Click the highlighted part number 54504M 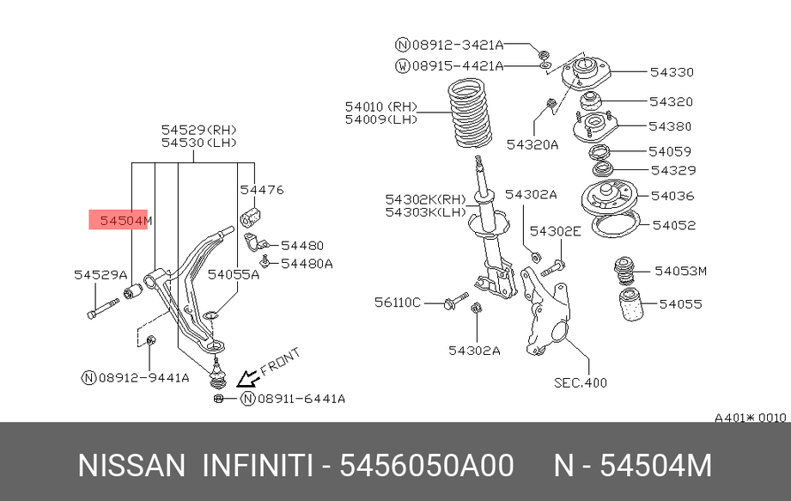[x=125, y=221]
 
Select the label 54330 [x=672, y=72]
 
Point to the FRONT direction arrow [x=248, y=377]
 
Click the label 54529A [x=100, y=275]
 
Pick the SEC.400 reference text [x=580, y=383]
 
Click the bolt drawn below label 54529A [x=103, y=309]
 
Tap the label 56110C [x=397, y=302]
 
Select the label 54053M [x=680, y=271]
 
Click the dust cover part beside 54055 [x=631, y=304]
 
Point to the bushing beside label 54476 [x=250, y=217]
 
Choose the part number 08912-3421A [x=458, y=45]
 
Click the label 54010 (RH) [x=380, y=107]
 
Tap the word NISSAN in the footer [x=131, y=465]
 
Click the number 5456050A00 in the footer [x=427, y=465]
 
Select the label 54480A [x=307, y=264]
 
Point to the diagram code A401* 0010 [x=750, y=418]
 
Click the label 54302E [x=555, y=231]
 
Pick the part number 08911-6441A [x=301, y=399]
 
